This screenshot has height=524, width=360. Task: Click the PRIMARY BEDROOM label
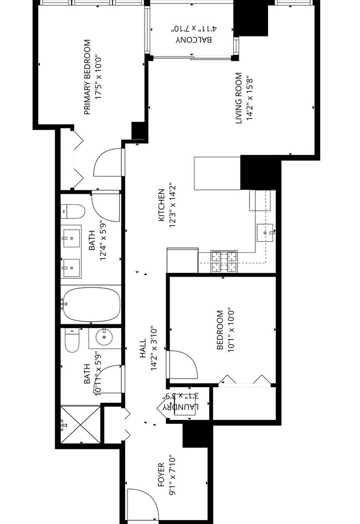pos(87,77)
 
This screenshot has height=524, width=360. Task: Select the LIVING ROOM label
pos(239,98)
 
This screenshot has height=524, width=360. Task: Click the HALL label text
pos(143,349)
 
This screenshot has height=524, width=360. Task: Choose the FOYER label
pos(162,475)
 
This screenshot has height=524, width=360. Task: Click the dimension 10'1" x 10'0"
pos(229,330)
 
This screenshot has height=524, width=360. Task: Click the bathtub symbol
pos(91,304)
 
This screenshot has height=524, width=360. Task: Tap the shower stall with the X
pos(81,425)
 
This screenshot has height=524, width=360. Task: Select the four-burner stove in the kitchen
pos(224,262)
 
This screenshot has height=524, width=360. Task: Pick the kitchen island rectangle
pos(217,173)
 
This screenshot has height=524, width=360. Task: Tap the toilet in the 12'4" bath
pos(73,211)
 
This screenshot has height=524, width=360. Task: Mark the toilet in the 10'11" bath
pos(73,340)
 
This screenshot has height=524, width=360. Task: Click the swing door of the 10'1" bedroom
pos(181,365)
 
